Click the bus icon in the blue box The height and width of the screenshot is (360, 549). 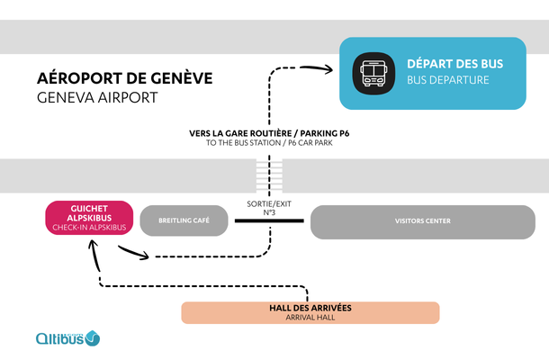(373, 73)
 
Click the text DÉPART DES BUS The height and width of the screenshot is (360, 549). (454, 64)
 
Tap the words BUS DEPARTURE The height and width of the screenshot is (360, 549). (447, 80)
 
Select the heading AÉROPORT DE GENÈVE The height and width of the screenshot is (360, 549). (124, 78)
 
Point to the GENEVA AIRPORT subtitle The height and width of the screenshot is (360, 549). (96, 97)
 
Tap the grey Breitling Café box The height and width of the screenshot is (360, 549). (184, 221)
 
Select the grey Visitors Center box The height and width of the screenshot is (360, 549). (422, 221)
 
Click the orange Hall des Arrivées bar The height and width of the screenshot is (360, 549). (310, 312)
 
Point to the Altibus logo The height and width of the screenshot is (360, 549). (67, 338)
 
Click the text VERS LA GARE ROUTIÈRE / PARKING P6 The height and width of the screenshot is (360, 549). (269, 133)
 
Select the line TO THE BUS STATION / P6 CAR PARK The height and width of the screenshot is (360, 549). (269, 143)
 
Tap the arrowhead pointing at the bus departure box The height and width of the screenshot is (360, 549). (320, 66)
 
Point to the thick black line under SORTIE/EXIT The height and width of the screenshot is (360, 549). (269, 221)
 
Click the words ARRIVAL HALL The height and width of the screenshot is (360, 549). (310, 318)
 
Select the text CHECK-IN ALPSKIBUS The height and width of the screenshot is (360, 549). (89, 228)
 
